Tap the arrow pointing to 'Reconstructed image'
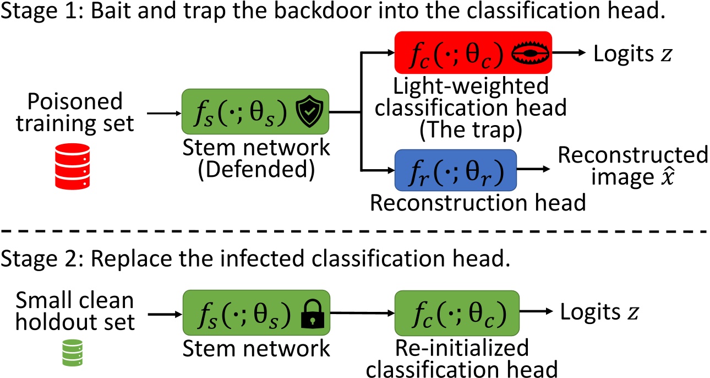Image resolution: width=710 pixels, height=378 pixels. [x=537, y=171]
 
